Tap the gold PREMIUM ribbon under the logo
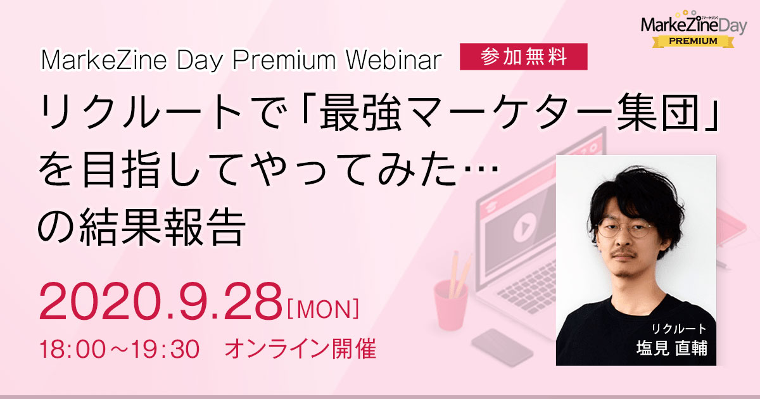(x=693, y=41)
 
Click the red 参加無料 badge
(x=524, y=56)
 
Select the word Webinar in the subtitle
(x=393, y=60)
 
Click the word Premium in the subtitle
(x=284, y=60)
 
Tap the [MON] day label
(x=323, y=309)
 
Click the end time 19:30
(x=165, y=349)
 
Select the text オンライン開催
(x=301, y=349)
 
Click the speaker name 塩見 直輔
(x=672, y=348)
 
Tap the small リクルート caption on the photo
(x=679, y=329)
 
